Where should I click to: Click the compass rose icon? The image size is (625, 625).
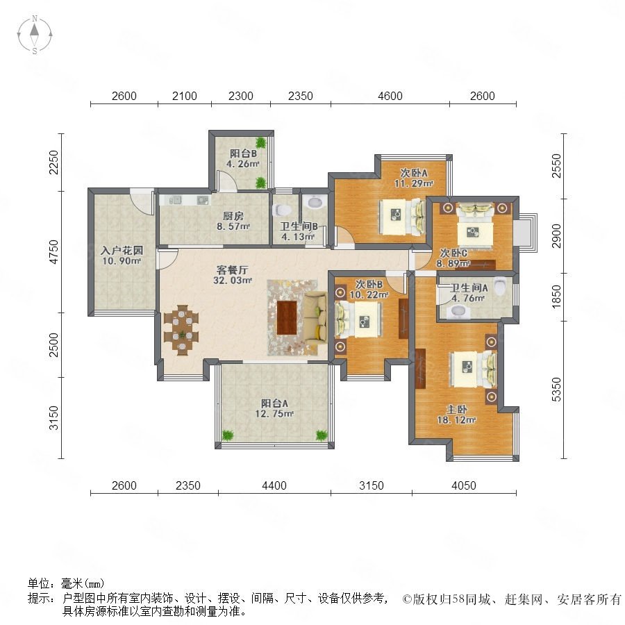click(35, 35)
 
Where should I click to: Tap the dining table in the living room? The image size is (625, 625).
click(181, 330)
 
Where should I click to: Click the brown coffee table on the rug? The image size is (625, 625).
click(287, 317)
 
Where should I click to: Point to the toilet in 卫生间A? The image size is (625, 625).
click(500, 286)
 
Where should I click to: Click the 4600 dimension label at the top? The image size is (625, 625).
click(390, 96)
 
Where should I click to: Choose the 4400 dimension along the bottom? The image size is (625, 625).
click(274, 485)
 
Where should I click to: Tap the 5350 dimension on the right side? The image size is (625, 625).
click(556, 390)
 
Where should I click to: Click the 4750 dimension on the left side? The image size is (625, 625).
click(53, 251)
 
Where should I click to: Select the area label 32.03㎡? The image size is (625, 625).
click(233, 281)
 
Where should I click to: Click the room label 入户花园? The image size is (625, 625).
click(122, 250)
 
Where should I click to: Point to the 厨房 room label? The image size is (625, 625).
click(233, 216)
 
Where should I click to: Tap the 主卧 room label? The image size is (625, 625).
click(456, 409)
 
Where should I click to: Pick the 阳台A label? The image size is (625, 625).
click(274, 403)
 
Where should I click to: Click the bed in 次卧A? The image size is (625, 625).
click(401, 217)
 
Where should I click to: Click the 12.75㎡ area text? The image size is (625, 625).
click(274, 414)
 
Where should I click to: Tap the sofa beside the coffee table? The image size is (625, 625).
click(315, 317)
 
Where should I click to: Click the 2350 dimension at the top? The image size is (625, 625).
click(300, 96)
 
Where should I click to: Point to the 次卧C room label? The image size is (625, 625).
click(453, 253)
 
